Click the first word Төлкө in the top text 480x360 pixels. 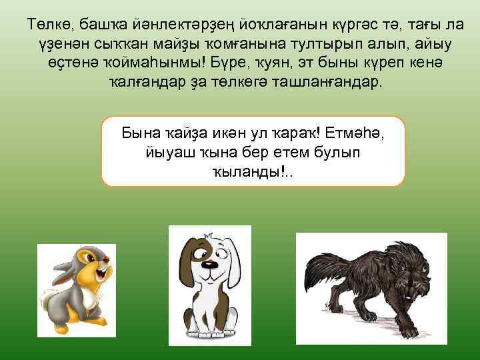pyautogui.click(x=47, y=26)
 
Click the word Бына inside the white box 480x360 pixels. pyautogui.click(x=139, y=131)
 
